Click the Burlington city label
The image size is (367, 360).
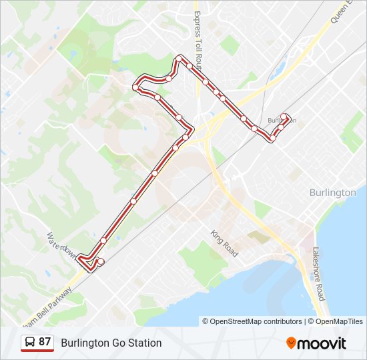point(332,192)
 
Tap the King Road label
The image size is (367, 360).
point(224,244)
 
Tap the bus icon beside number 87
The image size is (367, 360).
point(29,343)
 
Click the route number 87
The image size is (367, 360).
point(45,342)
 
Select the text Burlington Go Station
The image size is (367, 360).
point(111,343)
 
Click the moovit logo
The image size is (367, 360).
point(316,343)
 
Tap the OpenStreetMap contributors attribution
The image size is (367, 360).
point(252,321)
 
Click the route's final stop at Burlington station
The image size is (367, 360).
point(285,117)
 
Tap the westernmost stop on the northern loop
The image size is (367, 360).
point(135,87)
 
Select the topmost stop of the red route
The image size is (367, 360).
point(178,59)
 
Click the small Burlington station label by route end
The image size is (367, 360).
point(280,121)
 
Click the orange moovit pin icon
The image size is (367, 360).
point(291,343)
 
